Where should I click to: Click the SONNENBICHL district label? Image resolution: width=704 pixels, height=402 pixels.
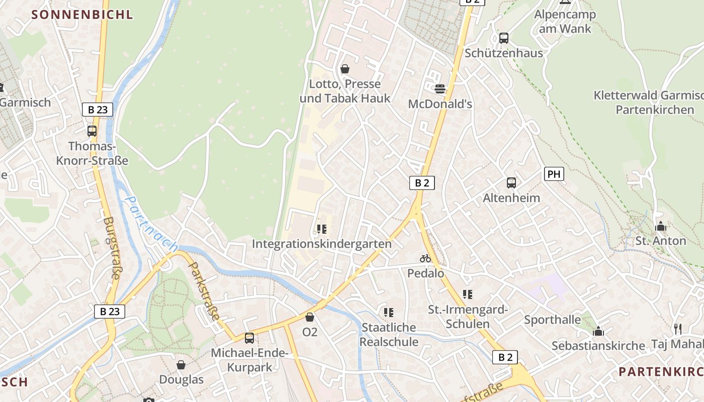(x=82, y=15)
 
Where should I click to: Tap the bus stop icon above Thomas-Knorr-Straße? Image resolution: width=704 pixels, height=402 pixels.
(x=92, y=131)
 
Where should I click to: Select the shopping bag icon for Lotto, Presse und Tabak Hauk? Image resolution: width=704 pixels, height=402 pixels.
(x=345, y=69)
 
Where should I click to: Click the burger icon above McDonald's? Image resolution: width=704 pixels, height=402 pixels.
(x=440, y=89)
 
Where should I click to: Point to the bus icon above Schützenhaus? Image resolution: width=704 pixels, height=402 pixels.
(x=503, y=38)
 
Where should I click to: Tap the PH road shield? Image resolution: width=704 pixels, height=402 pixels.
(x=554, y=174)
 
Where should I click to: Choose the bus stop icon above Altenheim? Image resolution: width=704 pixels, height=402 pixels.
(x=511, y=183)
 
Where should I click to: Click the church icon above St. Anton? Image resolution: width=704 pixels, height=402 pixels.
(x=661, y=227)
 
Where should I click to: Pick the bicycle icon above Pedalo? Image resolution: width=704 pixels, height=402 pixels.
(x=425, y=259)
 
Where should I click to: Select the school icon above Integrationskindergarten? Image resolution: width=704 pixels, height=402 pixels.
(x=322, y=230)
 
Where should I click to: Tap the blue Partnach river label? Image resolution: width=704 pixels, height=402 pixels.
(x=150, y=223)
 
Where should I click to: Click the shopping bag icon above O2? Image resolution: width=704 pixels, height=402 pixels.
(x=310, y=317)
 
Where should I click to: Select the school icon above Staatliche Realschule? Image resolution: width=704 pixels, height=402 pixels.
(x=389, y=313)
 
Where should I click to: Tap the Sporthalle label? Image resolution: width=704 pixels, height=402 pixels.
(x=552, y=320)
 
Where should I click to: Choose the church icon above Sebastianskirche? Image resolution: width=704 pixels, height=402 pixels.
(x=598, y=331)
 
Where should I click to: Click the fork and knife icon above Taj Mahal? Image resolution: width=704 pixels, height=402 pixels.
(x=678, y=329)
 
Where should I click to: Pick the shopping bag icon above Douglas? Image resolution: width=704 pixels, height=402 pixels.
(x=181, y=365)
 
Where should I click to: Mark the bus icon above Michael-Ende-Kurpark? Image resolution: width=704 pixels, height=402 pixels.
(x=249, y=338)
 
